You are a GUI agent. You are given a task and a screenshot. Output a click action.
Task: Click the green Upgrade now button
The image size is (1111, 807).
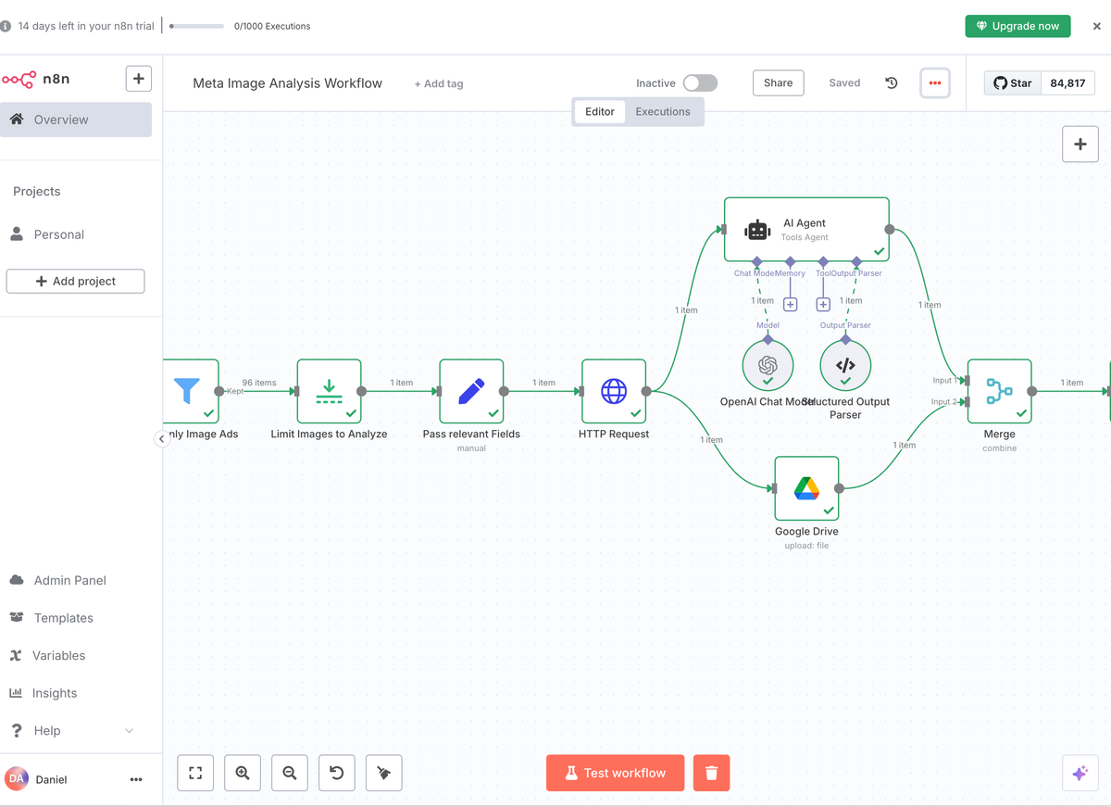tap(1017, 26)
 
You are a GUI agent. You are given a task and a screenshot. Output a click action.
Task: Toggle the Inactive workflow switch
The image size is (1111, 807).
tap(700, 83)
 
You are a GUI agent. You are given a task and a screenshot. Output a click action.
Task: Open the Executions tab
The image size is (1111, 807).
tap(662, 112)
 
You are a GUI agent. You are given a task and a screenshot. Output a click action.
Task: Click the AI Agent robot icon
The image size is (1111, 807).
tap(757, 230)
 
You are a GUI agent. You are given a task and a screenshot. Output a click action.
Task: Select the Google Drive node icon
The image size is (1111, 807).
tap(806, 488)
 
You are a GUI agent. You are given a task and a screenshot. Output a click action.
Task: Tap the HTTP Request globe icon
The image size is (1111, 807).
tap(614, 391)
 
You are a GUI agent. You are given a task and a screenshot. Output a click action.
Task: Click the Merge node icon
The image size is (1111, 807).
tap(999, 391)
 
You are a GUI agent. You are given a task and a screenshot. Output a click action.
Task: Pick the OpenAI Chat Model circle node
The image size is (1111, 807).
tap(768, 365)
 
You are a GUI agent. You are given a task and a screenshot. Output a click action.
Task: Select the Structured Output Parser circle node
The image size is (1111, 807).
tap(845, 365)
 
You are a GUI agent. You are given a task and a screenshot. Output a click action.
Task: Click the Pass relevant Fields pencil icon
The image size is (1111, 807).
tap(471, 391)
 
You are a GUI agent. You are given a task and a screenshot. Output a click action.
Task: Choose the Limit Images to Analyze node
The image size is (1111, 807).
tap(329, 391)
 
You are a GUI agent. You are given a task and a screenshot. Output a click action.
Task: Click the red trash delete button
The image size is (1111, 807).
tap(711, 773)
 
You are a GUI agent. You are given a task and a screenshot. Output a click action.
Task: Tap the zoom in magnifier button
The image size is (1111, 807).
tap(243, 773)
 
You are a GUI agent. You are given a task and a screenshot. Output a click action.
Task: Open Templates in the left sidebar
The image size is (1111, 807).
tap(63, 618)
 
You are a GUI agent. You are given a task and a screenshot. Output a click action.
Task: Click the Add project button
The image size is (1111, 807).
tap(75, 281)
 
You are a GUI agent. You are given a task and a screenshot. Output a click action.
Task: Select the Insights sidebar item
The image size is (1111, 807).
tap(55, 693)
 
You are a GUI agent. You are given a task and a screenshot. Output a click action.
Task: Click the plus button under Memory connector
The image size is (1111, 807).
tap(790, 304)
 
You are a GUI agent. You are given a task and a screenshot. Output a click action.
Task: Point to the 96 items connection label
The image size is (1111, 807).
tap(259, 383)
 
